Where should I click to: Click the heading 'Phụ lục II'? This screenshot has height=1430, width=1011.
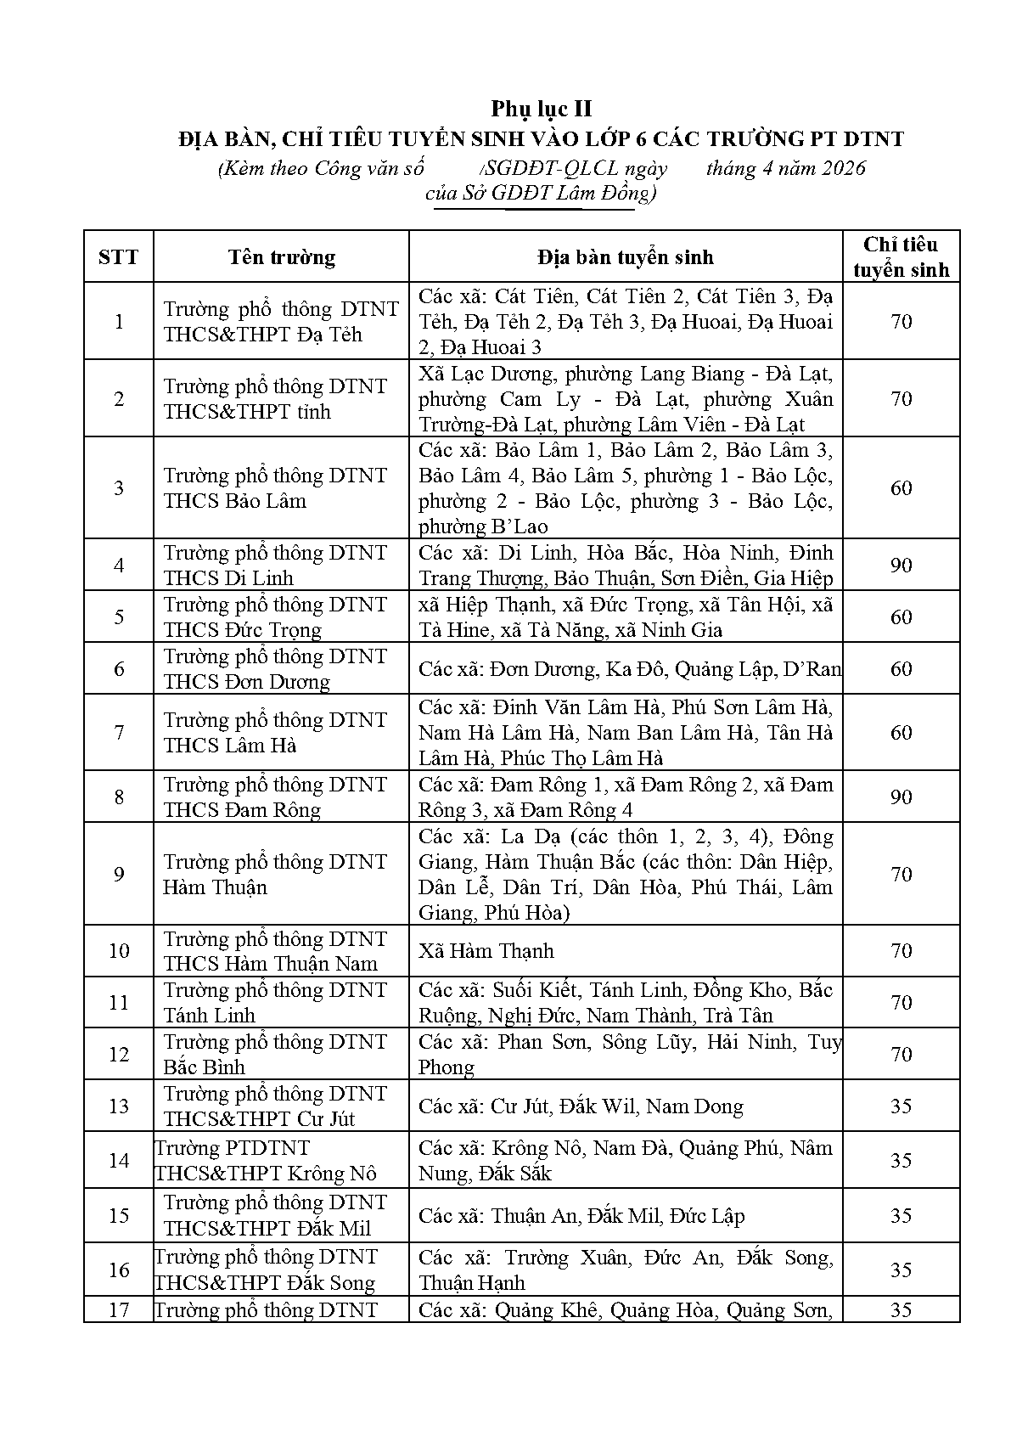(541, 109)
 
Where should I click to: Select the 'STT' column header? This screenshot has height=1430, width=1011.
(118, 256)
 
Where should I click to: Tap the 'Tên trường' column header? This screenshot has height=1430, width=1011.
(281, 256)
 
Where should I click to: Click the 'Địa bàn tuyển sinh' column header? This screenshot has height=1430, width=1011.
(625, 256)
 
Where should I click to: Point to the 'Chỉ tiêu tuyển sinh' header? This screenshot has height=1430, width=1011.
(901, 256)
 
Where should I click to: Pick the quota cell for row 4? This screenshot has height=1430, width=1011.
(901, 565)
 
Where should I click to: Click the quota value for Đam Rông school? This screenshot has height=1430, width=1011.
(901, 797)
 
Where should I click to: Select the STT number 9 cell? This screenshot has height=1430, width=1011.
(118, 874)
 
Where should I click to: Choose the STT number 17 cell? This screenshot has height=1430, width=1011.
(118, 1309)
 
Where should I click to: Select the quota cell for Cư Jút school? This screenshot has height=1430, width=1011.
(901, 1106)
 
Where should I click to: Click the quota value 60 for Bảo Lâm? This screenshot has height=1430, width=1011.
(901, 487)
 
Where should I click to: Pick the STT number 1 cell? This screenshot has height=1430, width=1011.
(118, 321)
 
